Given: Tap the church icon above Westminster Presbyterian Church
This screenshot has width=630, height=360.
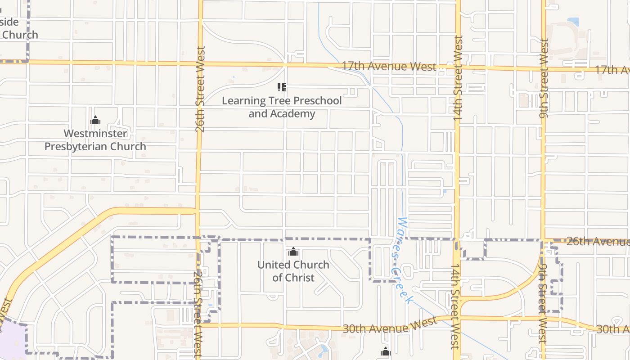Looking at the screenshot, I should [95, 121].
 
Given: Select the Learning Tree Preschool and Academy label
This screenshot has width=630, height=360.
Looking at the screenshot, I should [282, 107].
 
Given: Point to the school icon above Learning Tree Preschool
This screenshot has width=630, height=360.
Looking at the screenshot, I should [282, 87].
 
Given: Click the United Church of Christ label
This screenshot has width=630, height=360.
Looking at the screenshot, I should [293, 271].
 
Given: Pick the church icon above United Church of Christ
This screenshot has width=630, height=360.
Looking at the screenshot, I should [293, 252].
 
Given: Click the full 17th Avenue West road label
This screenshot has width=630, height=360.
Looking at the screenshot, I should [389, 67].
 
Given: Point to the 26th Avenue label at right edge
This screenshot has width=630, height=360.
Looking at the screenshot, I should [598, 241].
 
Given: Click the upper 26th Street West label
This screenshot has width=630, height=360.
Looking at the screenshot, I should [201, 89].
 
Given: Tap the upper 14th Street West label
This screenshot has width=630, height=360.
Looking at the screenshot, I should [458, 77].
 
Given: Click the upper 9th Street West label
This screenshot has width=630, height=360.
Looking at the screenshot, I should [544, 78].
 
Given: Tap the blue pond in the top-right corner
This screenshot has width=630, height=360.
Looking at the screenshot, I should [573, 21].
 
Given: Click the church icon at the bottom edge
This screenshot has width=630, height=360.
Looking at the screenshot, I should [386, 352].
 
